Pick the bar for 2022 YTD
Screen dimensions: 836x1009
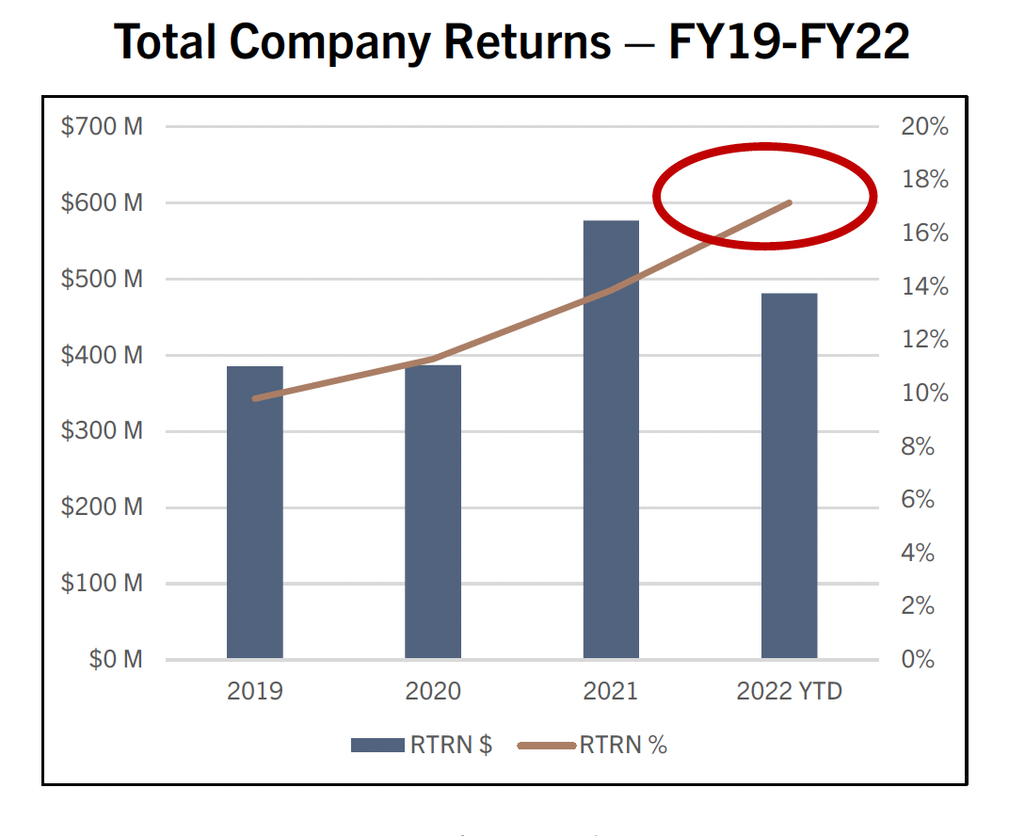click(x=789, y=475)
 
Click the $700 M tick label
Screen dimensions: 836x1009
click(x=102, y=126)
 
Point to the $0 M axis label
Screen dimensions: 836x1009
click(x=116, y=659)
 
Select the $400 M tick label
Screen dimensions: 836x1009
click(x=102, y=355)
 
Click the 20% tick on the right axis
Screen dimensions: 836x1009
click(x=924, y=127)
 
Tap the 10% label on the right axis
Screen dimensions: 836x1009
click(x=924, y=394)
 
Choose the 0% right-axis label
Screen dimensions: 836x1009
click(x=918, y=659)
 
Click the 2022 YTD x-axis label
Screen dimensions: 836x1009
click(x=789, y=692)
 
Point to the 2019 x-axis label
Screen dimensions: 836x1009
click(x=254, y=692)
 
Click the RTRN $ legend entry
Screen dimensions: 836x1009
click(x=422, y=745)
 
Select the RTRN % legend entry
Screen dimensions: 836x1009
click(x=593, y=745)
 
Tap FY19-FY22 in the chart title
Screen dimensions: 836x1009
click(x=789, y=42)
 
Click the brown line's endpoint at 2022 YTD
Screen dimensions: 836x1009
click(x=791, y=202)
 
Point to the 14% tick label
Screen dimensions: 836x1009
click(x=924, y=287)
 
